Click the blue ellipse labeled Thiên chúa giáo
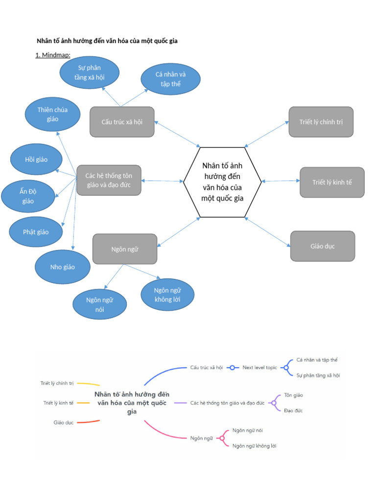point(52,115)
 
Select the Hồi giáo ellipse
point(36,159)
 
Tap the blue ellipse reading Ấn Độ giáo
point(28,196)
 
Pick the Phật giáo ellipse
point(36,232)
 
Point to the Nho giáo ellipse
point(63,267)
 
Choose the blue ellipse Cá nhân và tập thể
point(170,79)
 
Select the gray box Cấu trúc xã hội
point(122,122)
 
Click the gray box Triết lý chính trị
point(321,122)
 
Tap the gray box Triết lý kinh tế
point(332,182)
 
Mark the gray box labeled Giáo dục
point(322,246)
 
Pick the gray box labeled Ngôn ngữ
point(125,249)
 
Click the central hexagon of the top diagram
point(222,182)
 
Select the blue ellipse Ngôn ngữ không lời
point(167,295)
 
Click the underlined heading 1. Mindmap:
point(53,55)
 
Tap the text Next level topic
point(259,367)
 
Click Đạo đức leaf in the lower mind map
point(293,411)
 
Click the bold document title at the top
point(108,41)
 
